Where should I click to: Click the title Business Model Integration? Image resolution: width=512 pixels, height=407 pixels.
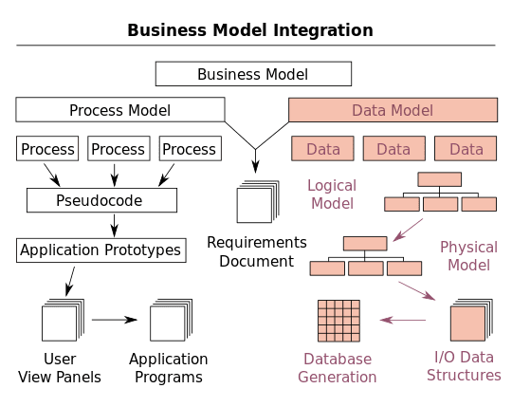250,30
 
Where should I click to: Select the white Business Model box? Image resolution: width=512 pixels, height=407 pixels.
252,74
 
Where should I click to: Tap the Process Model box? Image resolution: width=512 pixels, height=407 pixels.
119,110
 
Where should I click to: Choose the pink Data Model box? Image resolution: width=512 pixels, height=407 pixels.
393,110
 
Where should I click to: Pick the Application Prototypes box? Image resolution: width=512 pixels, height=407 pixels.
100,250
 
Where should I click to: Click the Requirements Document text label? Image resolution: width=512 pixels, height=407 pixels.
257,251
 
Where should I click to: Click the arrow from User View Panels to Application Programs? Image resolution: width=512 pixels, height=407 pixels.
114,320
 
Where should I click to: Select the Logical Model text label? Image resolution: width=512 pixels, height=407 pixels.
330,194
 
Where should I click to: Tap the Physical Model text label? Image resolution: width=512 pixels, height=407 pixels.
468,256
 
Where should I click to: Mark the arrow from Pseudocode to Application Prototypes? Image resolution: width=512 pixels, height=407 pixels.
114,225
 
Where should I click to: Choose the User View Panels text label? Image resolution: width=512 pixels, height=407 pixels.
61,368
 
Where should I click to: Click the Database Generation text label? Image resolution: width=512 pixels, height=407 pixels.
338,368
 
